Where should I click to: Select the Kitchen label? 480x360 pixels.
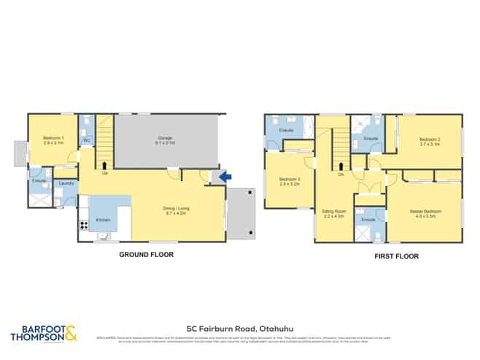coord(103,219)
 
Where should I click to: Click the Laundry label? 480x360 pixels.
coord(66,183)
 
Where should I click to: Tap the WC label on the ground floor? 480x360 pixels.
coord(85,141)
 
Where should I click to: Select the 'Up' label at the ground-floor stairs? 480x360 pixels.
coord(106,173)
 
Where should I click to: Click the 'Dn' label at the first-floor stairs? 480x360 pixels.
coord(341,174)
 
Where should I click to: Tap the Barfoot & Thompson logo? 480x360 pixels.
coord(44,334)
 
